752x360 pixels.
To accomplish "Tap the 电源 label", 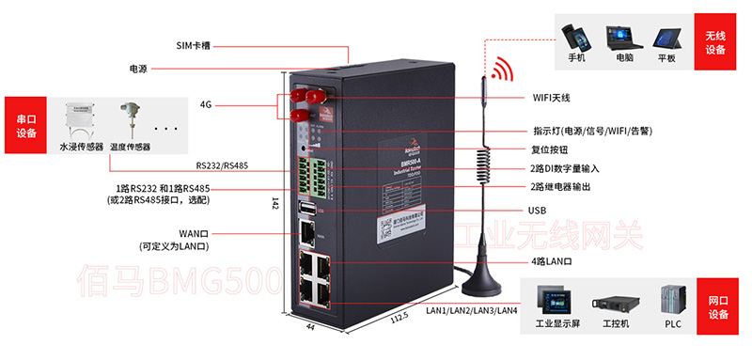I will pos(139,70).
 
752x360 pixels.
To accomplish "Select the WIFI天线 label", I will pos(552,98).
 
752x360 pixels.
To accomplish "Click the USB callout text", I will pos(538,211).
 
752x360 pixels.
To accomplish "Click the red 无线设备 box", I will pos(716,42).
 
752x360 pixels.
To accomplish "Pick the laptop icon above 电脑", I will pos(623,36).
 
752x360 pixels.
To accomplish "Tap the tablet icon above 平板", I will pos(666,36).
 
